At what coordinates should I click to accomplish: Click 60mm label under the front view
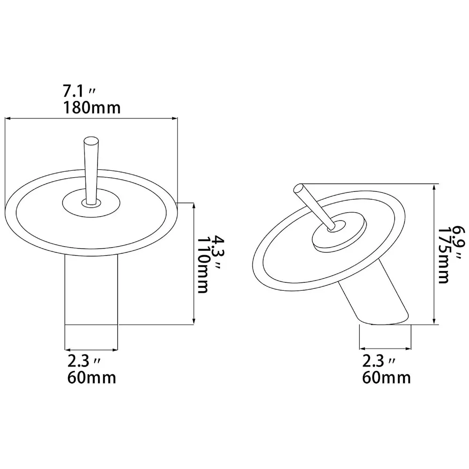point(91,377)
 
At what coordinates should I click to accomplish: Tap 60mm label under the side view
point(386,377)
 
